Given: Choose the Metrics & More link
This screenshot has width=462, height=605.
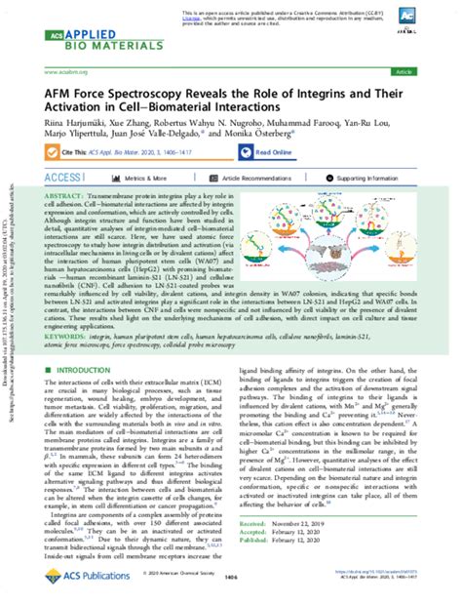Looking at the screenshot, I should [145, 180].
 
